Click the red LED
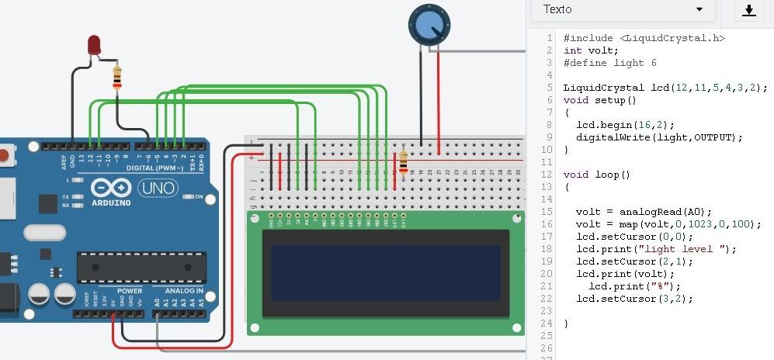click(x=94, y=44)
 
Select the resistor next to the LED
click(x=117, y=78)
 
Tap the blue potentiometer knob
click(x=429, y=26)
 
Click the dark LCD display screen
click(x=385, y=272)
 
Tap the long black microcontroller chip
click(x=141, y=267)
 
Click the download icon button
click(x=748, y=10)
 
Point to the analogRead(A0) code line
click(x=644, y=212)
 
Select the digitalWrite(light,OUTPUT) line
click(x=659, y=137)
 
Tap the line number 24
click(x=547, y=324)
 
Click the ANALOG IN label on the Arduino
click(x=183, y=291)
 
